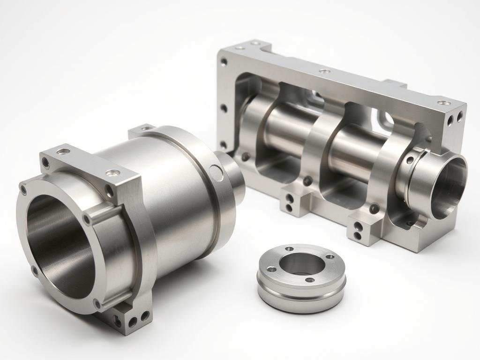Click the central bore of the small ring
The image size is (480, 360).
click(302, 265)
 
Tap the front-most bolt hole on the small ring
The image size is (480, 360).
click(309, 280)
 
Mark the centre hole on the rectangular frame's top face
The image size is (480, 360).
click(323, 72)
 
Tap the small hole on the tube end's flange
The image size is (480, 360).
click(410, 161)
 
